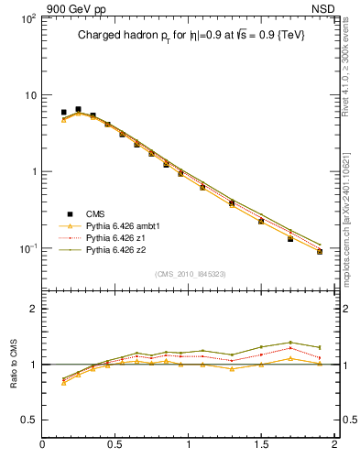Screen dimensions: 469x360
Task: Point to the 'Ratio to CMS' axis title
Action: [x=13, y=365]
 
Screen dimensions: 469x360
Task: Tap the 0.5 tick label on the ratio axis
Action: [x=27, y=420]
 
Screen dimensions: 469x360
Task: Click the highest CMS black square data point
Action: [x=78, y=110]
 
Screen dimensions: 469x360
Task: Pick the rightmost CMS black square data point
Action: [x=320, y=251]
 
